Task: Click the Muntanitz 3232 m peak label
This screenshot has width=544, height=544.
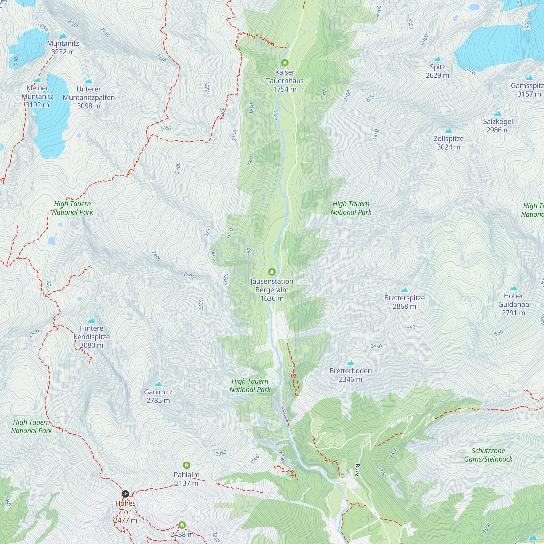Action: [x=63, y=48]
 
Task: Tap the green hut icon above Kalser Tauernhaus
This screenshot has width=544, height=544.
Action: [x=285, y=63]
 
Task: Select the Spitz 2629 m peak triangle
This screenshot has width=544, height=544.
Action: [x=437, y=59]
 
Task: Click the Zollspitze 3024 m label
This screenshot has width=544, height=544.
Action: [x=449, y=143]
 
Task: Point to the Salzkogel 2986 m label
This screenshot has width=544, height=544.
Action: [x=498, y=126]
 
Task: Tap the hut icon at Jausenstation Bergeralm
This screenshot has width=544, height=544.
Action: [x=272, y=272]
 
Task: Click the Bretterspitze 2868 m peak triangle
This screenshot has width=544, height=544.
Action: [x=404, y=290]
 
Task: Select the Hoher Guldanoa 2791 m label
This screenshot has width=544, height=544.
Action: [x=513, y=304]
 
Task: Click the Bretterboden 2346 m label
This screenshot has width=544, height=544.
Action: [x=350, y=375]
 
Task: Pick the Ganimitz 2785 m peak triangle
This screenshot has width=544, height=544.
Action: [x=158, y=384]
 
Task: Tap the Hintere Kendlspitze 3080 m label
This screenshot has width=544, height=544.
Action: [x=91, y=336]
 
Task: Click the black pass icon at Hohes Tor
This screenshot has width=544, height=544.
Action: [x=125, y=494]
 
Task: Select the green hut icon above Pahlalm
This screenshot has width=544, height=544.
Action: [x=186, y=465]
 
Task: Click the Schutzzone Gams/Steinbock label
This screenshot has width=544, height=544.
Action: [x=488, y=455]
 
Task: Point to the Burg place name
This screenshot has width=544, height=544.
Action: [x=357, y=470]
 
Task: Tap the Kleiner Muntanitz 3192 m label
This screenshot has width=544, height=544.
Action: [x=38, y=96]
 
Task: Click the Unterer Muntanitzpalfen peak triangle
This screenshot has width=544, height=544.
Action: [x=89, y=81]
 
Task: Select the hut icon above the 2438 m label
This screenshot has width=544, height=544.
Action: [x=182, y=525]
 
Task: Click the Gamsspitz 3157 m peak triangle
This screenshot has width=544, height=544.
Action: [x=529, y=78]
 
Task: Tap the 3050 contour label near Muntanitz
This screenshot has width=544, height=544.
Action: [x=43, y=27]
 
